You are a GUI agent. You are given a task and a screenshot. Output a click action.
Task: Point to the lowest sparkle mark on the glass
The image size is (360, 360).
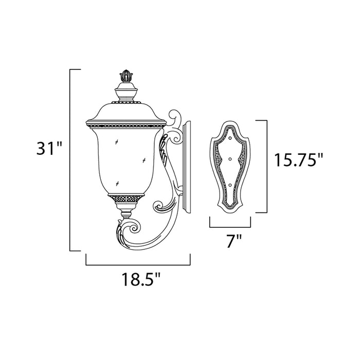point(118,183)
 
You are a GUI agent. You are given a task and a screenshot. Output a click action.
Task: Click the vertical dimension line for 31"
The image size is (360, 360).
point(71,159)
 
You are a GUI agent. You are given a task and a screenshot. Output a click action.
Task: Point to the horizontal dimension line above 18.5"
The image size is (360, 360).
point(138,264)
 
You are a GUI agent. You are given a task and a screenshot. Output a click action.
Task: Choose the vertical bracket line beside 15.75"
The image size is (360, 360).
point(266,167)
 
